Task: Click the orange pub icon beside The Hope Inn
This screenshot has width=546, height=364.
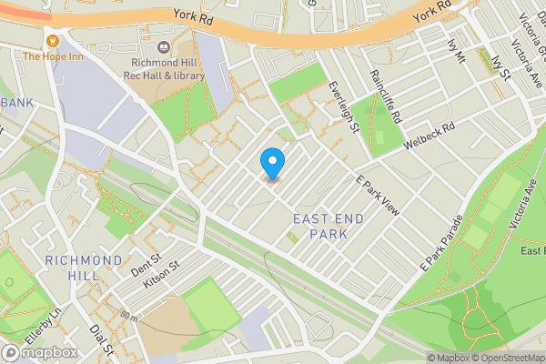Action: click(x=53, y=40)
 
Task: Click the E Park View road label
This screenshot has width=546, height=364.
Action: click(x=378, y=193)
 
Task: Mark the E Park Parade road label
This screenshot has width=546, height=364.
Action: click(x=441, y=242)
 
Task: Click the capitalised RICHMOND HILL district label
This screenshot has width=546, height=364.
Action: click(x=83, y=268)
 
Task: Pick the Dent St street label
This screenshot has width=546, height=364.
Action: click(x=145, y=263)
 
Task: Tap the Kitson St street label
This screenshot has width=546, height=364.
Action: click(x=161, y=276)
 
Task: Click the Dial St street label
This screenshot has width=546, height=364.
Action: click(x=100, y=339)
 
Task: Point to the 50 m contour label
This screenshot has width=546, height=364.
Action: click(x=127, y=317)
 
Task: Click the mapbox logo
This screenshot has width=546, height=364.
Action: click(x=39, y=352)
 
